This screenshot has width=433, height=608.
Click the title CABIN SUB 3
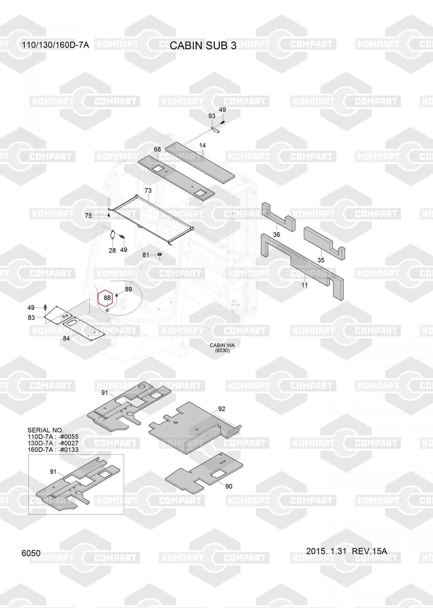point(203,46)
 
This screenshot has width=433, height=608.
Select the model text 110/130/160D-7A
point(55,45)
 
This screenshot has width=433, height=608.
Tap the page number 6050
point(31,553)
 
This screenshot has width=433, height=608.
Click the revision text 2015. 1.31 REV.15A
point(346,551)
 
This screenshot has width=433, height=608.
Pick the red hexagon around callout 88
point(105,298)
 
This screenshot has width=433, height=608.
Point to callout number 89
point(129,289)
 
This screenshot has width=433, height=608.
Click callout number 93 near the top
point(212,116)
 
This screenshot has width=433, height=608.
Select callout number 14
point(202,145)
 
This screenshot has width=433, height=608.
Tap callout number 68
point(157,149)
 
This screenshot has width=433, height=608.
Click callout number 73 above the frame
point(148,191)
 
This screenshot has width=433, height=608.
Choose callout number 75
point(88,216)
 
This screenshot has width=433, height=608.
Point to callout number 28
point(112,250)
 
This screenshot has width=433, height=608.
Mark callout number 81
point(146,255)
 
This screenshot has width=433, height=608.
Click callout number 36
point(277,235)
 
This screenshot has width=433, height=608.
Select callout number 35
point(321,260)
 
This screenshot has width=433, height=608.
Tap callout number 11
point(304,285)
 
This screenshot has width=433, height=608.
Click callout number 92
point(222,409)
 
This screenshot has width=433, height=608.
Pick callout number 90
point(229,486)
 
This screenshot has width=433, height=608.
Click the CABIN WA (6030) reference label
point(222,348)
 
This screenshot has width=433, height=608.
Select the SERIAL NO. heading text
point(46,430)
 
